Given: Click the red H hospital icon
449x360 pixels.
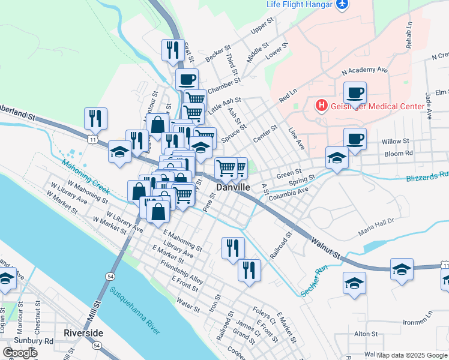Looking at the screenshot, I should pyautogui.click(x=322, y=106).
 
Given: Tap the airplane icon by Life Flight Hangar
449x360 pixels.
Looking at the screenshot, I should pyautogui.click(x=342, y=5).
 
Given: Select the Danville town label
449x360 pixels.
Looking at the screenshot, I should pyautogui.click(x=233, y=188).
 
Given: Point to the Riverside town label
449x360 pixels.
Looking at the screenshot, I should pyautogui.click(x=83, y=332).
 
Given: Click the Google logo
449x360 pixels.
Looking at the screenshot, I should pyautogui.click(x=20, y=353).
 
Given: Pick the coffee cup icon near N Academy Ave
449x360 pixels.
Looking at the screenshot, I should pyautogui.click(x=355, y=94).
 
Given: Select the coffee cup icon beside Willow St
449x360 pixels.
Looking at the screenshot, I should pyautogui.click(x=354, y=139).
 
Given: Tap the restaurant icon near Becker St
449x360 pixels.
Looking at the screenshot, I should pyautogui.click(x=173, y=50).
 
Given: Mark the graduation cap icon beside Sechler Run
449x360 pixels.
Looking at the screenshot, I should pyautogui.click(x=354, y=283).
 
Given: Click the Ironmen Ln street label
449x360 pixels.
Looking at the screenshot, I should pyautogui.click(x=417, y=314).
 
